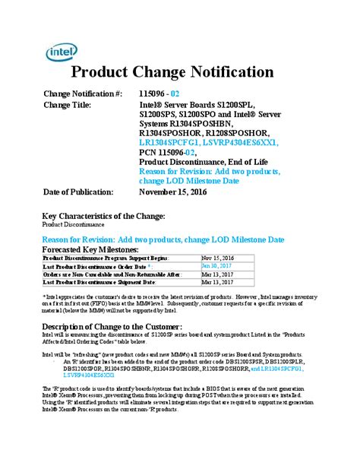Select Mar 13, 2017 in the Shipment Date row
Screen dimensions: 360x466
[x=215, y=282]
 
